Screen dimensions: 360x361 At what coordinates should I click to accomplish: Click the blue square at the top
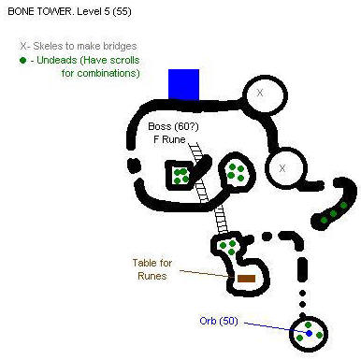click(x=184, y=83)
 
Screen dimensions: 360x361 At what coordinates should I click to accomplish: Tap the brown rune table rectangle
click(x=246, y=279)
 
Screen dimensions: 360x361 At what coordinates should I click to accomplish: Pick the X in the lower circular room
click(x=282, y=169)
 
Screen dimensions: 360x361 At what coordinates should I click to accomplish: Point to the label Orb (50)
click(x=219, y=321)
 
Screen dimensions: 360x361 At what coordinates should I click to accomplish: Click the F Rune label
click(x=169, y=139)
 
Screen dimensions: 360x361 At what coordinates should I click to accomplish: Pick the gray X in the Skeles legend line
click(x=22, y=44)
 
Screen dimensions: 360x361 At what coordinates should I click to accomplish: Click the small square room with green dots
click(x=178, y=174)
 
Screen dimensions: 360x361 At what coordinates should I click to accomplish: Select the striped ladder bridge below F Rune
click(x=211, y=192)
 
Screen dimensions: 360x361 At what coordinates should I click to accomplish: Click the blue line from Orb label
click(x=271, y=326)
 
